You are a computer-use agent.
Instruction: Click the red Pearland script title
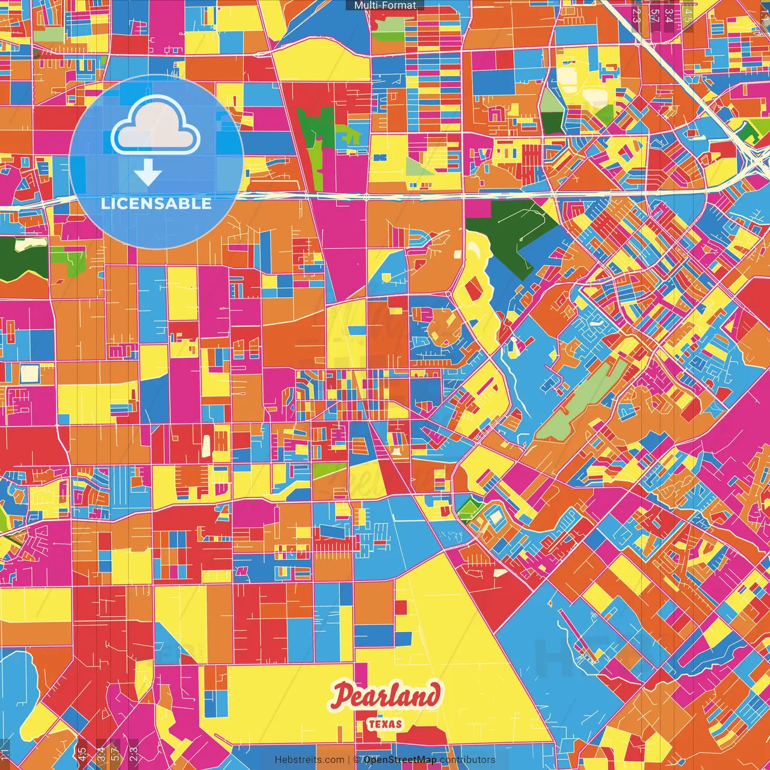[385, 697]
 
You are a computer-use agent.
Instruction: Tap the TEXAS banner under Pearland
[385, 724]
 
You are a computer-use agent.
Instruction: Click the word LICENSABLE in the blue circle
[156, 203]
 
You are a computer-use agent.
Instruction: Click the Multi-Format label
[385, 5]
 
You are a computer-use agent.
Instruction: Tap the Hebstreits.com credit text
[310, 760]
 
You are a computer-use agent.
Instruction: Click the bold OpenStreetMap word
[400, 760]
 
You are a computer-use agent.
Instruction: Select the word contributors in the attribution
[467, 760]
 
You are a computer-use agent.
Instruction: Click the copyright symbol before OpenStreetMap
[356, 760]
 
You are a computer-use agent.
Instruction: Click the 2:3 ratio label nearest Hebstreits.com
[133, 753]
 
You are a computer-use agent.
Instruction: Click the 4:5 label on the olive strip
[82, 753]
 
